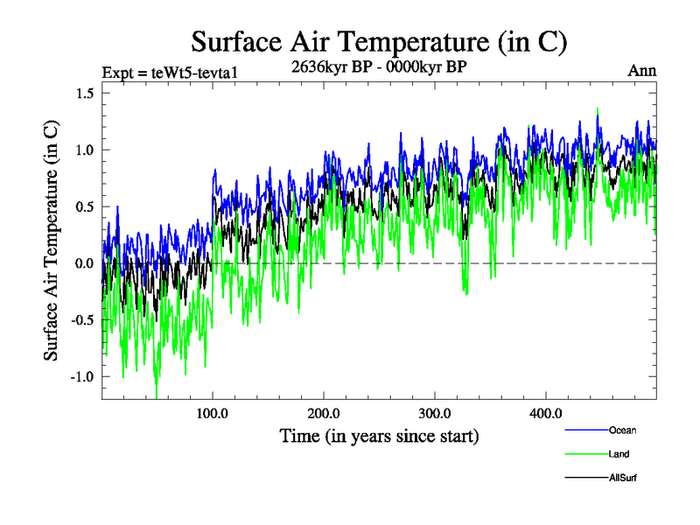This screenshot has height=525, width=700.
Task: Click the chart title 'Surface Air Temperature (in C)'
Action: pos(380,41)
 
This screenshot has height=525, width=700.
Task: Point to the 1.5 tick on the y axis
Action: pos(82,94)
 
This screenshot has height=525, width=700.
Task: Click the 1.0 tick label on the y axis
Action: pos(82,150)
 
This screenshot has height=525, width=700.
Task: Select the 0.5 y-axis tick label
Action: pos(82,207)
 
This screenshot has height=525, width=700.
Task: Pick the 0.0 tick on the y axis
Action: pos(82,263)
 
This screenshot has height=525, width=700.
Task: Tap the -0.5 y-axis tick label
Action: pos(80,320)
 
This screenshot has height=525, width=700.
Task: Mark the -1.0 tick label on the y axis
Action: pos(80,377)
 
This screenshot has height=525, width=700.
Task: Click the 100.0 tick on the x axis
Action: pos(213,413)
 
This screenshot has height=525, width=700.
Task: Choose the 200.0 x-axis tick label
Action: pos(324,413)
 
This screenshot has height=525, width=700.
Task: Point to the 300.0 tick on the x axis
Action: pos(435,413)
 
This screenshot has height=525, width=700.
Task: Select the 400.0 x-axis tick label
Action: pos(546,413)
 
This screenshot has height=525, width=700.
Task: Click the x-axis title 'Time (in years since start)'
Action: pos(379,435)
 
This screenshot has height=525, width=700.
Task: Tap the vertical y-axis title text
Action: pos(52,241)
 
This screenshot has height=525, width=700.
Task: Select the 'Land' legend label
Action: pos(619,454)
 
